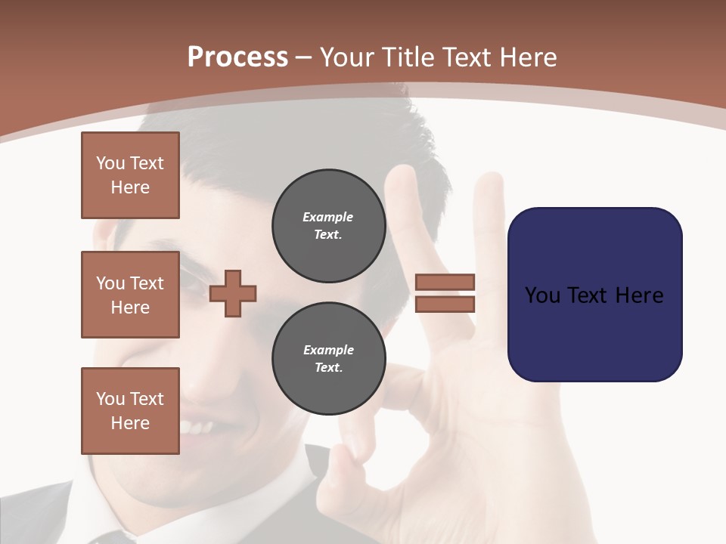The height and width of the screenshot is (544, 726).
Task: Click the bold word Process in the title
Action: (x=237, y=57)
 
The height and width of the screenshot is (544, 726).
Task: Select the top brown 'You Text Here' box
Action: (x=130, y=175)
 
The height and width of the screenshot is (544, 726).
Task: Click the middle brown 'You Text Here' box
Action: (x=130, y=295)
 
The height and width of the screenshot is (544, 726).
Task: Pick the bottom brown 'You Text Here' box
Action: (x=130, y=411)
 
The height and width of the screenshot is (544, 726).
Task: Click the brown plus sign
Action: (x=233, y=292)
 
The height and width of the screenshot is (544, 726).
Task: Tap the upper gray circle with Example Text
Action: (x=328, y=226)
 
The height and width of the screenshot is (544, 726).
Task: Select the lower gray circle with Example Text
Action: (x=328, y=359)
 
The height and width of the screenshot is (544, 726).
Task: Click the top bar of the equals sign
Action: (x=445, y=282)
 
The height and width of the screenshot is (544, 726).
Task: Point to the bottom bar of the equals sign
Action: (x=445, y=304)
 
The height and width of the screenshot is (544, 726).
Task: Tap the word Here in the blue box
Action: (x=639, y=295)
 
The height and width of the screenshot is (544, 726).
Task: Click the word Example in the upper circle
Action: (x=328, y=217)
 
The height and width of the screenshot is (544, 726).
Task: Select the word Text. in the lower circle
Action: (x=328, y=368)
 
